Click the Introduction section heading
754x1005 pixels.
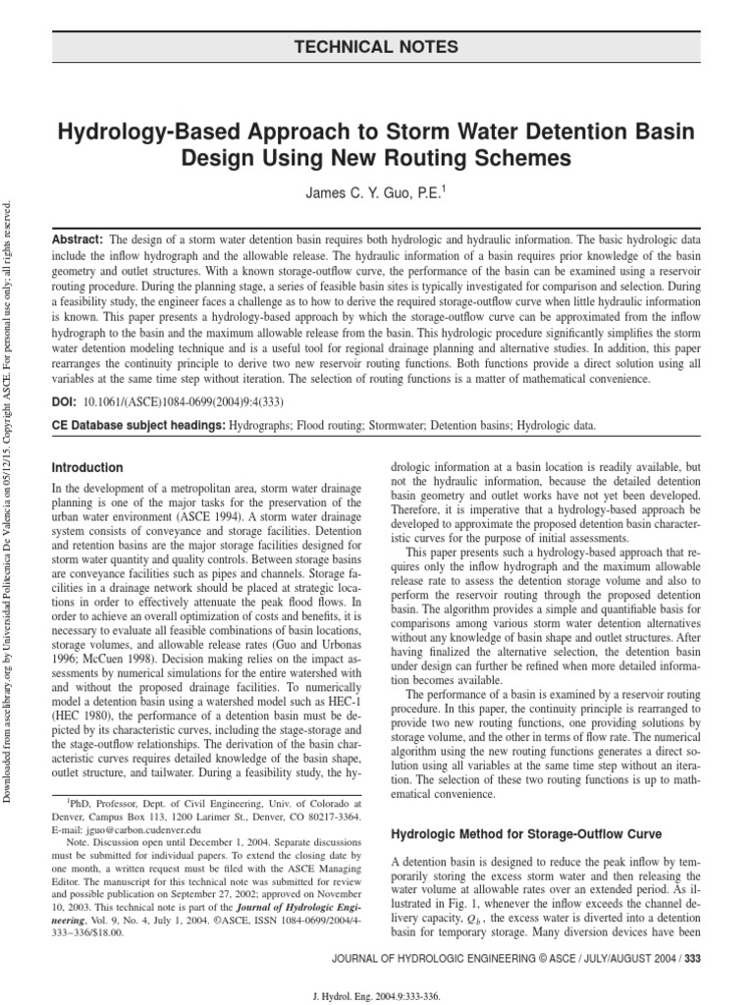click(x=87, y=468)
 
